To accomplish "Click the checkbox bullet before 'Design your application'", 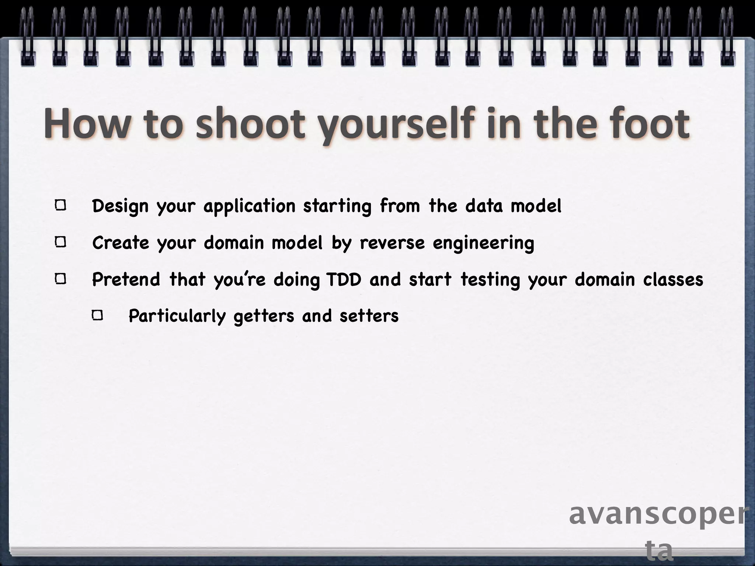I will (61, 205).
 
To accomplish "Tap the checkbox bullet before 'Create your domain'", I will (61, 242).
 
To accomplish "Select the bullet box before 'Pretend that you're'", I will (61, 279).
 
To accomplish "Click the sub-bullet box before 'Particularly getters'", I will (98, 315).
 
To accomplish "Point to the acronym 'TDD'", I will (344, 279).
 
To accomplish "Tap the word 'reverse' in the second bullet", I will (392, 243).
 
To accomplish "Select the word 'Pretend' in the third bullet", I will (126, 279).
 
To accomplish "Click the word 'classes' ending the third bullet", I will (673, 279).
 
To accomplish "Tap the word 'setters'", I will (369, 316).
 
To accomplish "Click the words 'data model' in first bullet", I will (513, 206).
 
